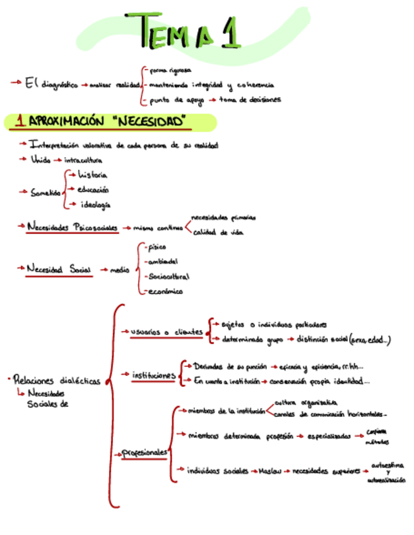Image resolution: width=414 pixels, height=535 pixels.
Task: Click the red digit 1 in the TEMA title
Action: point(231,29)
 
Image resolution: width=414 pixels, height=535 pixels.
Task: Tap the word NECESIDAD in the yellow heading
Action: point(151,121)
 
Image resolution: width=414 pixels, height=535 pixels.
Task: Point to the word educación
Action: point(93,189)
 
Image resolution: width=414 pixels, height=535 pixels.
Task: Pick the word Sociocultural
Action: point(168,276)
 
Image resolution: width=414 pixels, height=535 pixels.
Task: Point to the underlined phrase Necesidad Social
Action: point(59,269)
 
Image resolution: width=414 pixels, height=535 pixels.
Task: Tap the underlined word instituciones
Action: point(153,375)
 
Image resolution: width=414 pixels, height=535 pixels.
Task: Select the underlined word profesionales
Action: point(145,452)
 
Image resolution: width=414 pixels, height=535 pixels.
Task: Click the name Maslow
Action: point(269,471)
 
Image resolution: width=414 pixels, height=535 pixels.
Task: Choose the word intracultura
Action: point(83,160)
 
